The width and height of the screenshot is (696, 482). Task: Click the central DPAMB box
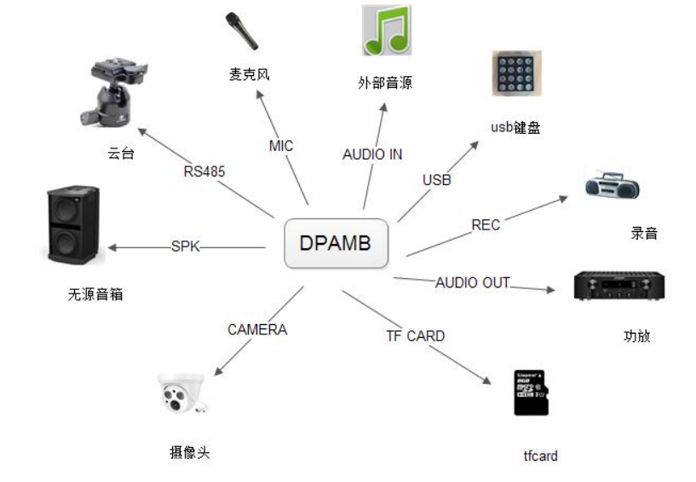click(336, 243)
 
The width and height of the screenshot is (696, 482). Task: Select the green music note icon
click(386, 31)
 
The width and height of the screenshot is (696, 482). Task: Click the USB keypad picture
click(516, 73)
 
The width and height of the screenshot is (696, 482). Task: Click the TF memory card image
click(531, 393)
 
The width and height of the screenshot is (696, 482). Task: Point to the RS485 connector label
click(205, 171)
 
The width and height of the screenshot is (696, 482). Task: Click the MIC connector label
click(280, 146)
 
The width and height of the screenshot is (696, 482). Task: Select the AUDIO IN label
click(372, 154)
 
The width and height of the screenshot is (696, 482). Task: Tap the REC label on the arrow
click(486, 225)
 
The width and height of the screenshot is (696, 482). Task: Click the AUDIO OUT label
click(472, 282)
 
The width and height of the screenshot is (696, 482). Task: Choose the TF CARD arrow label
click(415, 336)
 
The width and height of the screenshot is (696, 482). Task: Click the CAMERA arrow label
click(257, 329)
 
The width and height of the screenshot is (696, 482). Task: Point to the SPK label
click(184, 247)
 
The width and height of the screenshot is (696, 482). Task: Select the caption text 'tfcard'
click(540, 456)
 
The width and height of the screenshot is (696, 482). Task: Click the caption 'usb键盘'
click(515, 128)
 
